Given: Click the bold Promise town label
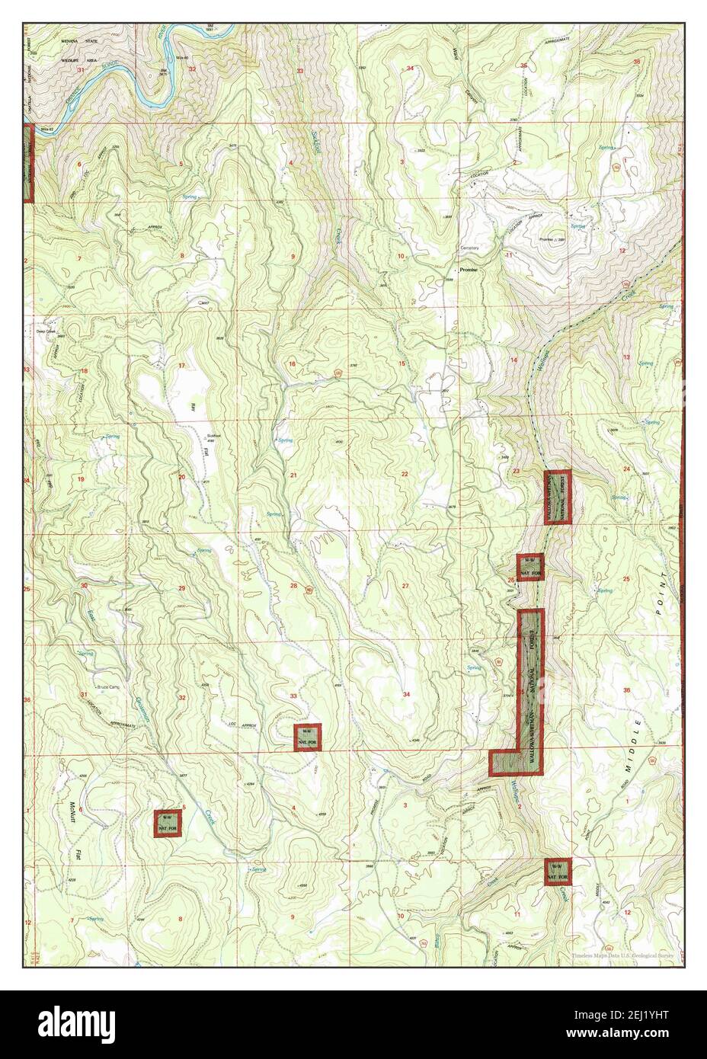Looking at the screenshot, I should click(465, 270).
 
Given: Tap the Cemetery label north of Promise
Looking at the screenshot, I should click(470, 248).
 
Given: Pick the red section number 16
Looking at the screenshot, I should click(291, 364).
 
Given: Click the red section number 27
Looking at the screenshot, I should click(405, 585).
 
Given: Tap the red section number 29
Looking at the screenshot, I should click(181, 588).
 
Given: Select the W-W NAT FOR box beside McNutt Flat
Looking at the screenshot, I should click(168, 823).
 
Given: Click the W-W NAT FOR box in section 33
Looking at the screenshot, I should click(308, 737).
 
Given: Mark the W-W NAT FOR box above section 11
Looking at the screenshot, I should click(558, 872).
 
